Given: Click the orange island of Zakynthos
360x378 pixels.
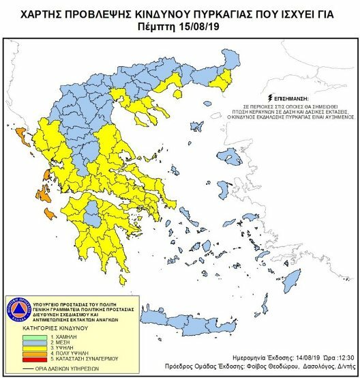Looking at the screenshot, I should pos(49,215).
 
